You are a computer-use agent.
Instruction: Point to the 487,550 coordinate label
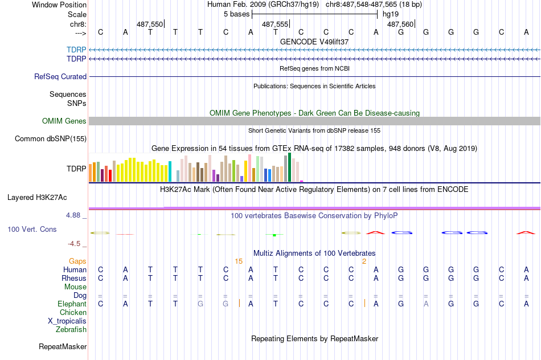pyautogui.click(x=150, y=24)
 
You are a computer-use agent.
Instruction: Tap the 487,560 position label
pyautogui.click(x=400, y=24)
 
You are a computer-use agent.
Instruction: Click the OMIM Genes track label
pyautogui.click(x=64, y=121)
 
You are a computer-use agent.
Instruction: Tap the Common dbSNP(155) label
pyautogui.click(x=51, y=138)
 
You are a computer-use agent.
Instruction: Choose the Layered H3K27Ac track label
pyautogui.click(x=37, y=198)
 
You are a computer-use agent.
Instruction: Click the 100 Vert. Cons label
pyautogui.click(x=32, y=229)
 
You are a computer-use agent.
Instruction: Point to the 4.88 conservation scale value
pyautogui.click(x=74, y=215)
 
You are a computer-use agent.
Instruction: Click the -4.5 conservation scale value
pyautogui.click(x=74, y=243)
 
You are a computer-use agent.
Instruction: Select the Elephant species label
pyautogui.click(x=72, y=304)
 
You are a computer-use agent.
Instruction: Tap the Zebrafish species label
pyautogui.click(x=71, y=329)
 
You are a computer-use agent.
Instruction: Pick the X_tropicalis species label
pyautogui.click(x=67, y=321)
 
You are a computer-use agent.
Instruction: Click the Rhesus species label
pyautogui.click(x=74, y=278)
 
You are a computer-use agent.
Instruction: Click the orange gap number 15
pyautogui.click(x=239, y=261)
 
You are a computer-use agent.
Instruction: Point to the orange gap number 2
pyautogui.click(x=364, y=261)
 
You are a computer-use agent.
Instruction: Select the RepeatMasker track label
pyautogui.click(x=63, y=346)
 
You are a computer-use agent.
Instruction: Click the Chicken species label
pyautogui.click(x=73, y=312)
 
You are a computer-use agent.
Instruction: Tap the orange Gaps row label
pyautogui.click(x=77, y=261)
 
